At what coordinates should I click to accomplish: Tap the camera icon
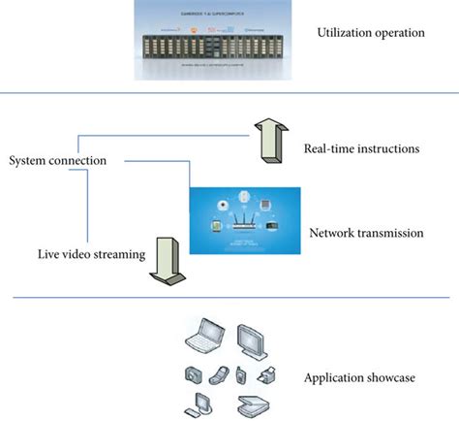[194, 374]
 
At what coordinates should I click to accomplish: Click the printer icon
[268, 373]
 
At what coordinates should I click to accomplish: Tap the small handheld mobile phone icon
[241, 374]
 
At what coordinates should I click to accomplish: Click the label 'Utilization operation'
[370, 34]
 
